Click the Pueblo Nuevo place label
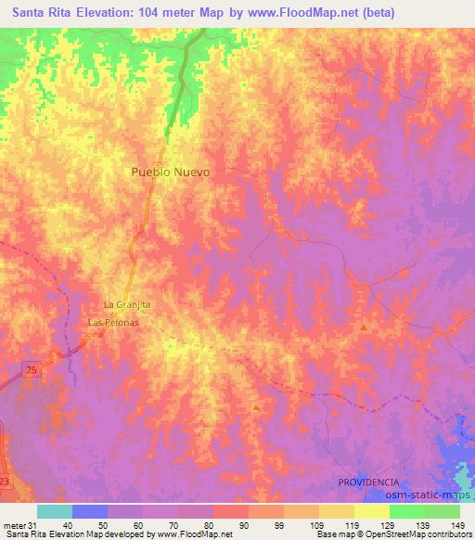[170, 173]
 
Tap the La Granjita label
[126, 304]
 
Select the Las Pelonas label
[113, 322]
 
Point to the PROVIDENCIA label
[368, 482]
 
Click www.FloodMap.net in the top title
[302, 13]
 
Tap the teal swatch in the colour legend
[55, 511]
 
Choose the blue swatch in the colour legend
[90, 511]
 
